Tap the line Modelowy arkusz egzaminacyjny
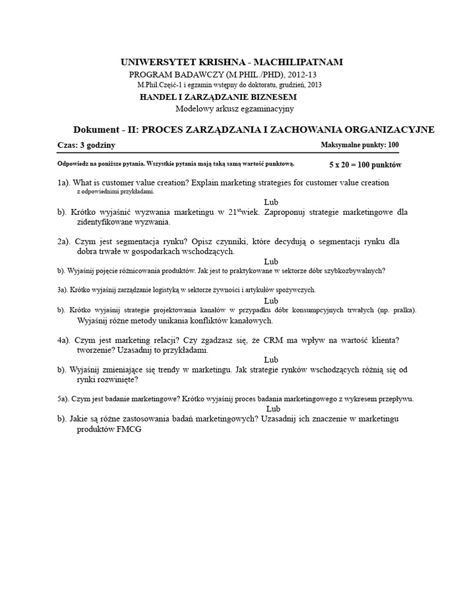[x=234, y=109]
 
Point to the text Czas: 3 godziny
[x=86, y=145]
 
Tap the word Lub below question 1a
[x=271, y=201]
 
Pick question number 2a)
[x=65, y=241]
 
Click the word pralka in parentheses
[x=402, y=310]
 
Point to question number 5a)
[x=63, y=399]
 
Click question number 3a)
[x=63, y=290]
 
